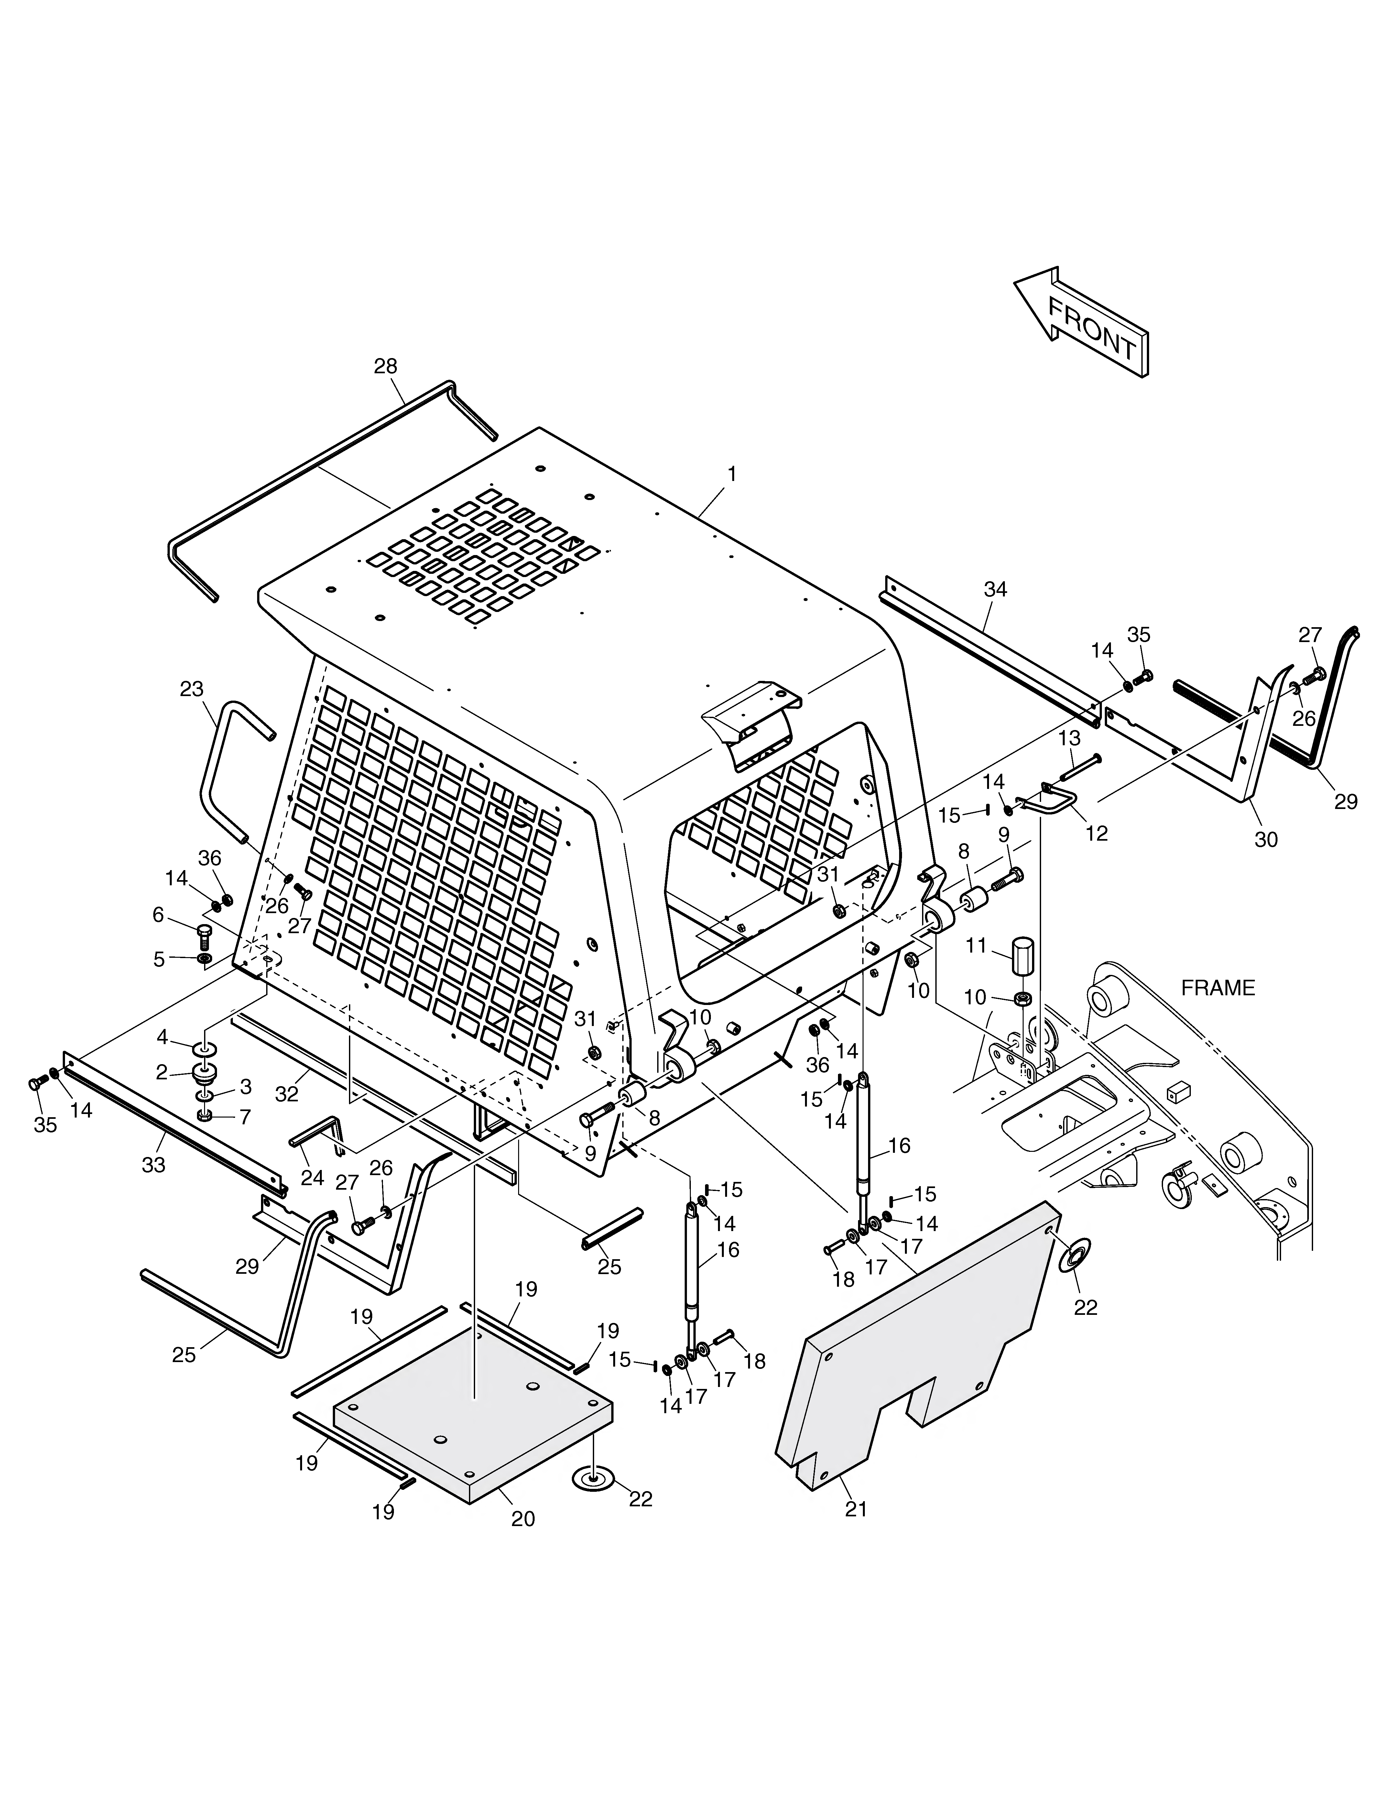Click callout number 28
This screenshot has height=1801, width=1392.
coord(386,366)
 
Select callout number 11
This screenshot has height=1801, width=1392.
coord(976,946)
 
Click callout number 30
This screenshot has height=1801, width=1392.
coord(1266,839)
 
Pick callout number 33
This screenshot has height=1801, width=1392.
coord(153,1164)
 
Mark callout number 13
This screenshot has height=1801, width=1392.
coord(1069,738)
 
